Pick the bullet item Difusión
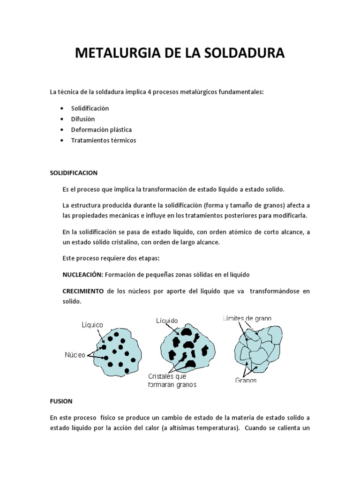(83, 119)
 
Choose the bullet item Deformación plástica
(101, 130)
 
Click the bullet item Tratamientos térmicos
(104, 141)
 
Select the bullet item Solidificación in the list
(90, 108)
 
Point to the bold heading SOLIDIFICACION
(74, 172)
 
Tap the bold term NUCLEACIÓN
(81, 275)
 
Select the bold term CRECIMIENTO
(83, 292)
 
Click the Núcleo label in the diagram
(75, 355)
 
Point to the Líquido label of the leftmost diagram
(92, 324)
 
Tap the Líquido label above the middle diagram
(167, 321)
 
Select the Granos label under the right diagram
(246, 380)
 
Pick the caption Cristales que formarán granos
(172, 381)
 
